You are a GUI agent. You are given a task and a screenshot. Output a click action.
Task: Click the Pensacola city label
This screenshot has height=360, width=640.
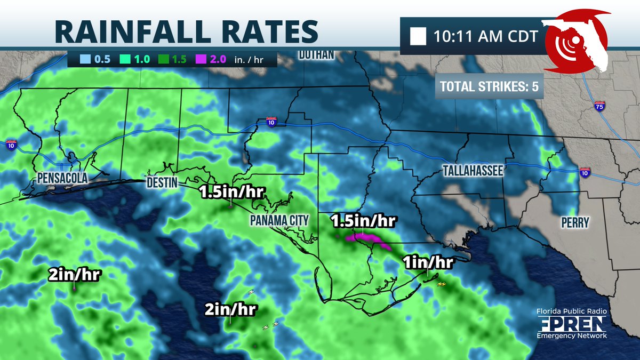(62, 178)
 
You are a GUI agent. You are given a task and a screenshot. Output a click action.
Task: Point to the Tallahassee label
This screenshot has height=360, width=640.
(473, 171)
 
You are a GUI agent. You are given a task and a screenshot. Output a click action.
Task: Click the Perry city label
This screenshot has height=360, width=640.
(574, 222)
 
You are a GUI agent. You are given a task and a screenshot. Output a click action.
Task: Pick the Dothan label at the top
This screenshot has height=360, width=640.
(316, 54)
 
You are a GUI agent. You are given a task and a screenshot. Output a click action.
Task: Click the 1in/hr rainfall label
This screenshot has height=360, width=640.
(428, 262)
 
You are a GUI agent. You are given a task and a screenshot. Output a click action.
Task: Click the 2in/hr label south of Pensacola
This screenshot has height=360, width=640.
(74, 275)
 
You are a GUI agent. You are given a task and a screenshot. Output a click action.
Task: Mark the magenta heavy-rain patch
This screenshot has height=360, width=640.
(368, 240)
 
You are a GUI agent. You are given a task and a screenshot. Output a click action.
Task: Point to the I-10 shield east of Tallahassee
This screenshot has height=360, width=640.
(585, 172)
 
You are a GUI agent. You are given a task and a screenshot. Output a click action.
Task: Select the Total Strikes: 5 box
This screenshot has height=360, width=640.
(489, 87)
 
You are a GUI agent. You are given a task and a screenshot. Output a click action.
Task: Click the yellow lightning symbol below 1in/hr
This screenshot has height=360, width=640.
(442, 284)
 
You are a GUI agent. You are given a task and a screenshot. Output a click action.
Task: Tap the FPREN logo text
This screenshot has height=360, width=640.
(571, 323)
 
